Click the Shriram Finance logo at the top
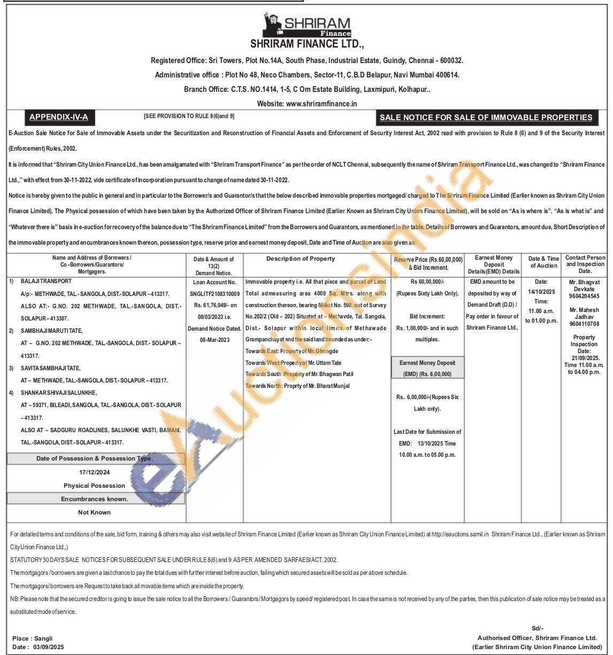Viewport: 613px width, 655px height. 306,26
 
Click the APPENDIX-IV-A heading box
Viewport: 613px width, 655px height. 58,117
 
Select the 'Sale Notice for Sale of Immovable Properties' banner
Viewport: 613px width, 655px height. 486,118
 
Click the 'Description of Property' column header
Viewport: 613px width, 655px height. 301,259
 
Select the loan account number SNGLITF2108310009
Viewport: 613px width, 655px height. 214,293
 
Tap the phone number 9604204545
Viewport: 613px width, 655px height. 584,296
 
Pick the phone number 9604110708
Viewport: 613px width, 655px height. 584,324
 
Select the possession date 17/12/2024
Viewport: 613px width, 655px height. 94,472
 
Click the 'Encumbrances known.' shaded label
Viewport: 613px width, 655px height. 94,499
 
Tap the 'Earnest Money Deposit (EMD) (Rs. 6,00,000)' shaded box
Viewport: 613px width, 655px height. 427,369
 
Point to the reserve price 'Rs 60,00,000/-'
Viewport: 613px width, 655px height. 427,282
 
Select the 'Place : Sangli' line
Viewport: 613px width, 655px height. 32,638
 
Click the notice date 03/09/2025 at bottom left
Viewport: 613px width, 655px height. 48,647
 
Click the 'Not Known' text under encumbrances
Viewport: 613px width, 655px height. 94,512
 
